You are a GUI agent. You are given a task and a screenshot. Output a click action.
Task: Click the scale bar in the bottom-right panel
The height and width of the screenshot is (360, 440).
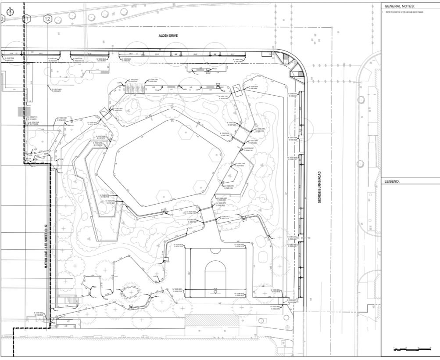412,349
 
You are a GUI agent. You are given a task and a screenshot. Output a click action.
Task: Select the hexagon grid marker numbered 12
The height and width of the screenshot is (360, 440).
48,19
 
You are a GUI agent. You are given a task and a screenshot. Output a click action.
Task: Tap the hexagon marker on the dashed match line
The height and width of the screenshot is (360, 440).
27,19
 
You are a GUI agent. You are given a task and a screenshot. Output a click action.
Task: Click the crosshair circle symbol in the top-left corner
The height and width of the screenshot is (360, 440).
11,12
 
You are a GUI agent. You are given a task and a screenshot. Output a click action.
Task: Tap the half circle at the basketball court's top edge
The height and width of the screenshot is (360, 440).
215,250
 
